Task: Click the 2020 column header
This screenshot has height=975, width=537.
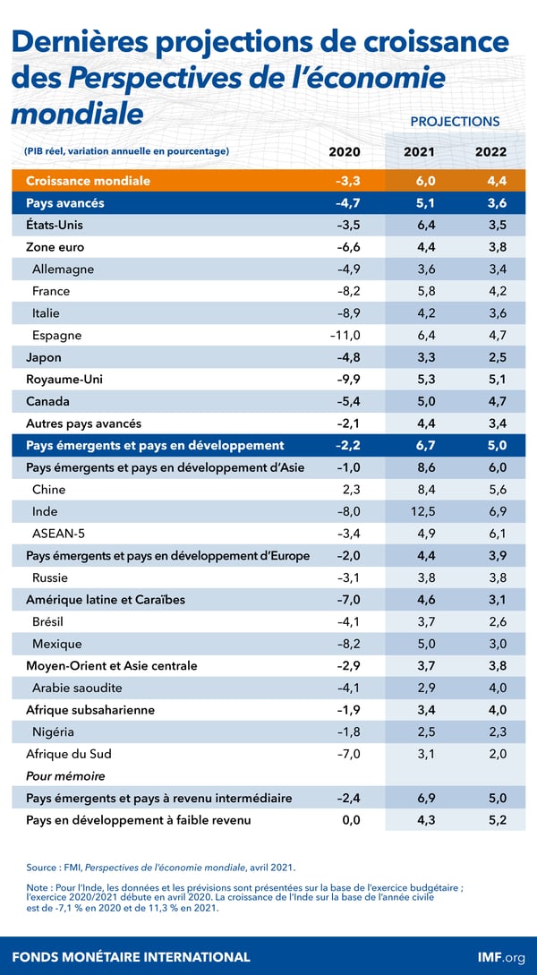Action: (345, 151)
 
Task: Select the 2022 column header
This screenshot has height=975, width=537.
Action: (491, 151)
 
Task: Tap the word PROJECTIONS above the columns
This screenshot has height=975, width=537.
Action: (455, 121)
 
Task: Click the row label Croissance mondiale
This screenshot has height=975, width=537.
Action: (88, 181)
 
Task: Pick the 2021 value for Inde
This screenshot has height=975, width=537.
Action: (419, 511)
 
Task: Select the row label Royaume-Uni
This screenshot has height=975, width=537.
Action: (64, 379)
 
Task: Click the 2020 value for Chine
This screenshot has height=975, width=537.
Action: (348, 490)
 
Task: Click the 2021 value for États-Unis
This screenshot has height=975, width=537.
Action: (419, 225)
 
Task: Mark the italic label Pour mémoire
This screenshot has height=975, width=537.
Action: (66, 775)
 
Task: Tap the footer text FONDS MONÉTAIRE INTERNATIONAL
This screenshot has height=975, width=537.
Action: (132, 956)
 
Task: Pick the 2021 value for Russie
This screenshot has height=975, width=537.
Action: (419, 577)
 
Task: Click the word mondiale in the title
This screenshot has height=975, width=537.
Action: (77, 115)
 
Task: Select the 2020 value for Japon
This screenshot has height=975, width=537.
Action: (345, 357)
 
